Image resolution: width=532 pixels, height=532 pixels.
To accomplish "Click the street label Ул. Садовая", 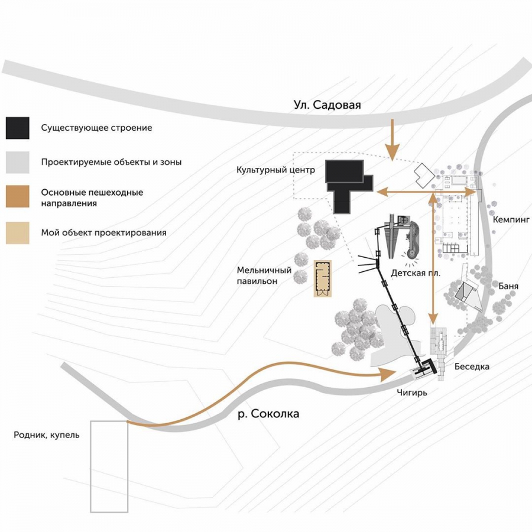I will (327, 105).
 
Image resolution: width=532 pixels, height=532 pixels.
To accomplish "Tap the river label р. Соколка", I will (268, 414).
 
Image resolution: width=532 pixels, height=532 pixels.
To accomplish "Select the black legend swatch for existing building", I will (18, 128).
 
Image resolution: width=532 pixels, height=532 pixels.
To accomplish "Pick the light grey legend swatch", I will (18, 161).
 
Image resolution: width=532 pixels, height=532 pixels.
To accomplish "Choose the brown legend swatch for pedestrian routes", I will (18, 197).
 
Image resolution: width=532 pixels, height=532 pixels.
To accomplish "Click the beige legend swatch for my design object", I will (18, 232).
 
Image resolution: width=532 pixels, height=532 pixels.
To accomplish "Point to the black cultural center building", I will (349, 184).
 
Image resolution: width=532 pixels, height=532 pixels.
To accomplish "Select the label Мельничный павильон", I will (264, 275).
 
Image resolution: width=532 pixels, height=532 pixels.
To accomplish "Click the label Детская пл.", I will (411, 273).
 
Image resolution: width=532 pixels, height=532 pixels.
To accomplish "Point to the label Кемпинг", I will (512, 219).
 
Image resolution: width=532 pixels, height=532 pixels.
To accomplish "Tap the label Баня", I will (508, 286).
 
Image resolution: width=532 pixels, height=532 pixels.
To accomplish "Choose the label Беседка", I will (472, 366).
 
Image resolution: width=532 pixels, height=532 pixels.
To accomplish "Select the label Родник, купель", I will (47, 435).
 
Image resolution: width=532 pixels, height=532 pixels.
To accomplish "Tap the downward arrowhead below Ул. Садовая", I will (391, 155).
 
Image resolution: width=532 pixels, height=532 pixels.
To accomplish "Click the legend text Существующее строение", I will (96, 128).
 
